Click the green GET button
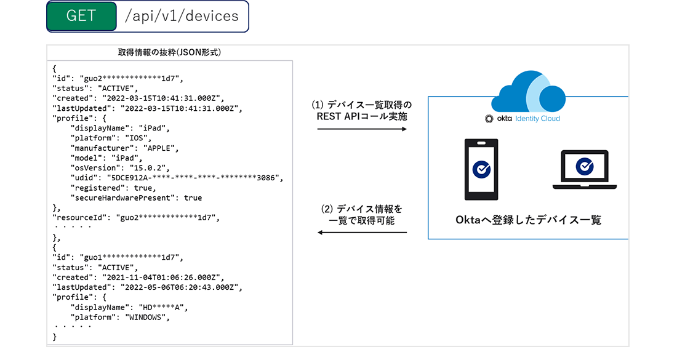click(82, 17)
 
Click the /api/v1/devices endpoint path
click(182, 17)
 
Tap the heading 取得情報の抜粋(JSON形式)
click(169, 53)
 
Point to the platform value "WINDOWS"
click(147, 318)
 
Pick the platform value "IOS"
click(140, 138)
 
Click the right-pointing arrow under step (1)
click(362, 129)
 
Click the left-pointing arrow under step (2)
click(362, 233)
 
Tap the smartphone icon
click(481, 169)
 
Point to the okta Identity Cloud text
click(523, 118)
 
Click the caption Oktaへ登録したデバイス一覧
click(528, 220)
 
